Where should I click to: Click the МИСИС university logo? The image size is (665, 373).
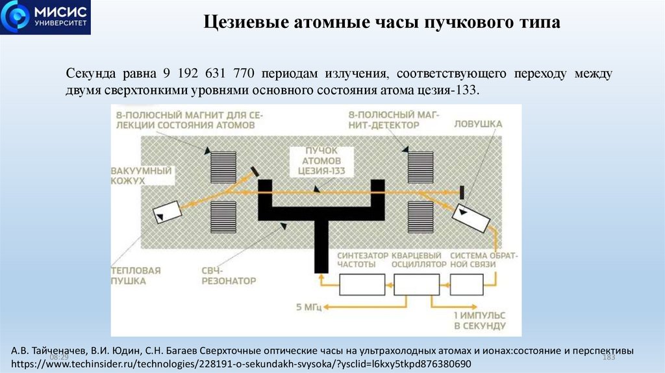(x=45, y=18)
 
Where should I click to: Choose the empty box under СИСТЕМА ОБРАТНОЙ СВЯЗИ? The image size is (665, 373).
(x=466, y=284)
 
